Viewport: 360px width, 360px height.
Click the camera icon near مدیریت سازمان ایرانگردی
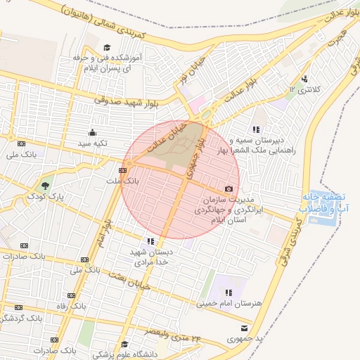229,189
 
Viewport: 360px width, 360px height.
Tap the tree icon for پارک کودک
46,186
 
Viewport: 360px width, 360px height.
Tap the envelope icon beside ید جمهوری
244,328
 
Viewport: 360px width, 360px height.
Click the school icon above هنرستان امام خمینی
228,292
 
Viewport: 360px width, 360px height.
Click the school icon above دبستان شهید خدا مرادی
151,241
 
